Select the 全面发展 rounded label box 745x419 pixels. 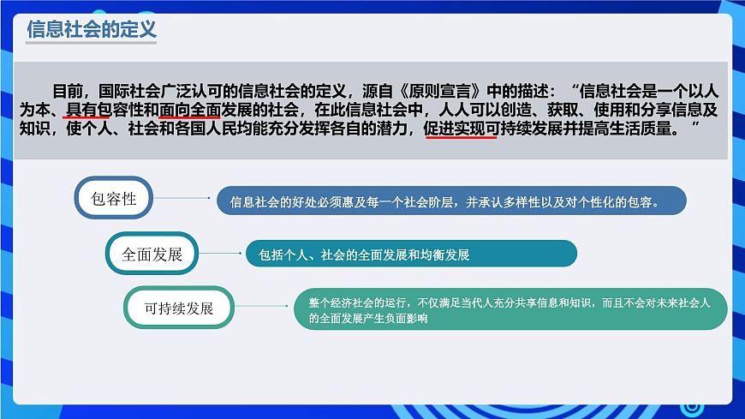coord(146,254)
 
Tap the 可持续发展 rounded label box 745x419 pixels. coord(178,308)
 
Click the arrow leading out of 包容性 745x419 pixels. coord(183,199)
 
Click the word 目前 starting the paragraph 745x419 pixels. coord(69,89)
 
